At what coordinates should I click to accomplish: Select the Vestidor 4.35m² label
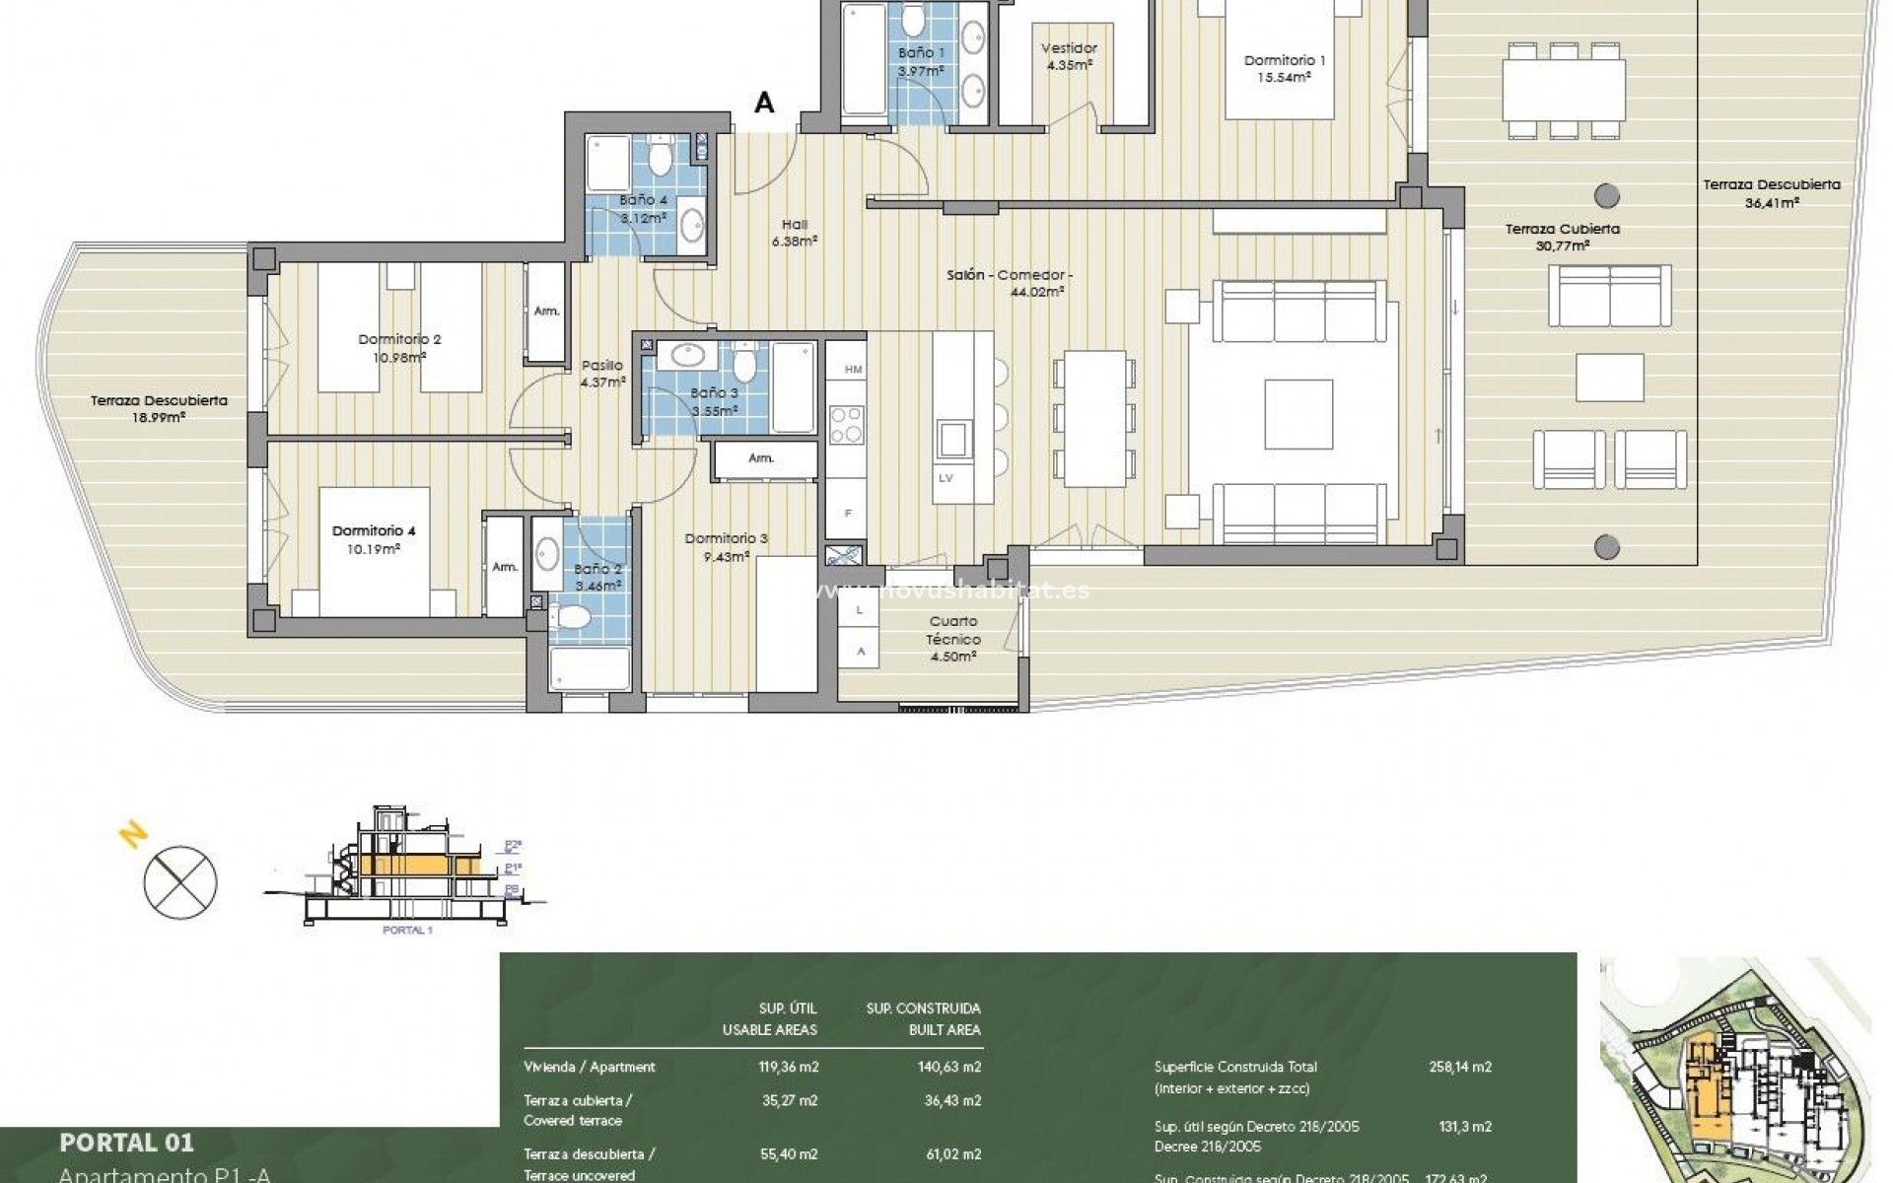pyautogui.click(x=1069, y=55)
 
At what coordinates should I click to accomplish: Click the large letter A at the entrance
pyautogui.click(x=764, y=103)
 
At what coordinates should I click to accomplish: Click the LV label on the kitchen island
pyautogui.click(x=946, y=478)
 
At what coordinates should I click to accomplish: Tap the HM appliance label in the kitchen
pyautogui.click(x=853, y=370)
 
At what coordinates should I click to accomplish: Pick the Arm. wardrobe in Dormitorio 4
pyautogui.click(x=505, y=567)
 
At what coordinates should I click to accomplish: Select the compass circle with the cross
pyautogui.click(x=180, y=880)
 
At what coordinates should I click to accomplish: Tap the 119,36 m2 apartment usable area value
pyautogui.click(x=788, y=1067)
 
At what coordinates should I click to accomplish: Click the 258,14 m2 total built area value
pyautogui.click(x=1459, y=1067)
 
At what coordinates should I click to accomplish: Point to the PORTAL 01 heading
pyautogui.click(x=126, y=1143)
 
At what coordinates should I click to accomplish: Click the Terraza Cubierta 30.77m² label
pyautogui.click(x=1562, y=237)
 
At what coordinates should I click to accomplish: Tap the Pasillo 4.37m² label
pyautogui.click(x=602, y=374)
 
